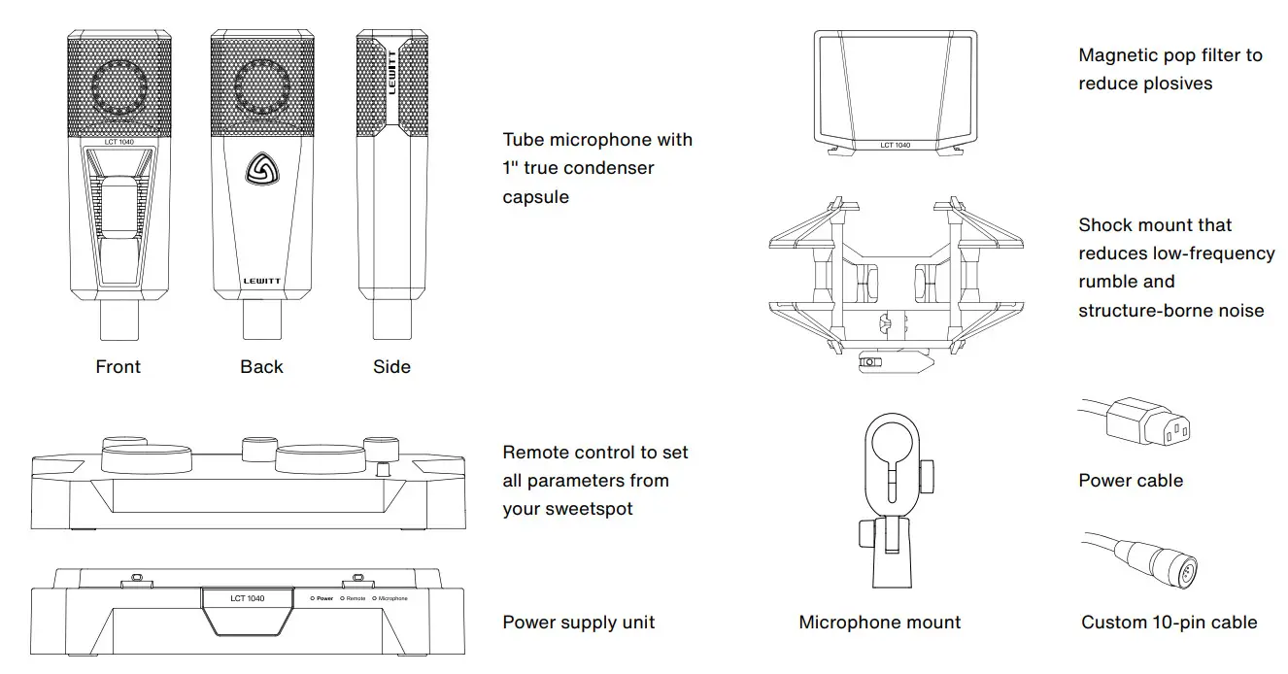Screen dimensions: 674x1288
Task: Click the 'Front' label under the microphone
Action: [x=118, y=367]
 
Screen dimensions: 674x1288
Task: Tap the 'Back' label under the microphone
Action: [x=261, y=367]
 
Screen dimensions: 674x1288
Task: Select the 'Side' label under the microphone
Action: [x=391, y=367]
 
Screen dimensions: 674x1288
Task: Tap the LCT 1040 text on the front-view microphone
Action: [x=119, y=143]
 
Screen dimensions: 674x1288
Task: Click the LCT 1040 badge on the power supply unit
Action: [x=248, y=598]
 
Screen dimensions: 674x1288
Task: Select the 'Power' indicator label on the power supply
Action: [x=324, y=598]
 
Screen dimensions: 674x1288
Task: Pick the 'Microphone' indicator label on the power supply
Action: [x=392, y=598]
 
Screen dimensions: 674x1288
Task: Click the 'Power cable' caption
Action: [x=1131, y=480]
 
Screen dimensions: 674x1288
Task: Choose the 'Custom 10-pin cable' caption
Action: [x=1169, y=623]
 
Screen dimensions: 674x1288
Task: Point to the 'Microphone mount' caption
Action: [x=879, y=623]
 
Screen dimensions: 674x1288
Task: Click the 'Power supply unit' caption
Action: [x=578, y=623]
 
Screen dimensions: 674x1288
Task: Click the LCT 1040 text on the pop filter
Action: [x=895, y=146]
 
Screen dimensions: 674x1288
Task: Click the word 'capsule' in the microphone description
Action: [x=535, y=196]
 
